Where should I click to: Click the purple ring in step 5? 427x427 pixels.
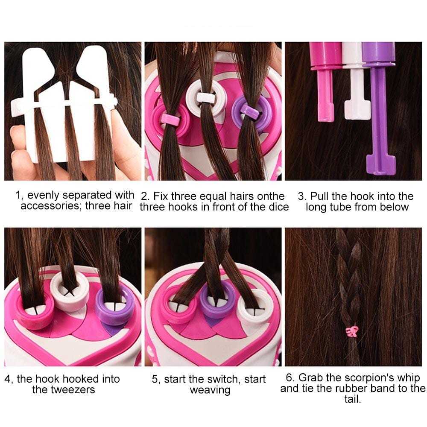tap(218, 299)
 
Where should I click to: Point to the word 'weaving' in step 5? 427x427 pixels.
tap(209, 389)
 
